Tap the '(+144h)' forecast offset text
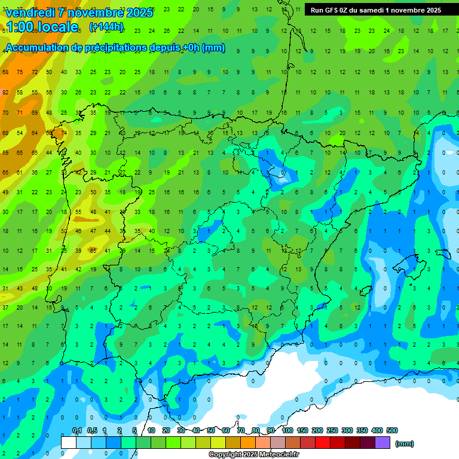click(x=106, y=27)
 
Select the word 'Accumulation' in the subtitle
click(x=37, y=48)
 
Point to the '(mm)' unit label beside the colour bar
click(x=405, y=443)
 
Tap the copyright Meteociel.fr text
click(x=253, y=455)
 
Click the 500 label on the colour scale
click(x=392, y=431)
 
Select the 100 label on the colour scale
click(x=287, y=431)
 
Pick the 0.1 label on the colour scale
click(x=77, y=431)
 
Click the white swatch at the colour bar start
click(x=69, y=443)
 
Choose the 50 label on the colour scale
click(x=211, y=431)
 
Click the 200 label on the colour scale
click(x=317, y=431)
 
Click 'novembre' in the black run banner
click(x=406, y=10)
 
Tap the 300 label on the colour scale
click(x=347, y=431)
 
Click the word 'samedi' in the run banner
click(x=372, y=10)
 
